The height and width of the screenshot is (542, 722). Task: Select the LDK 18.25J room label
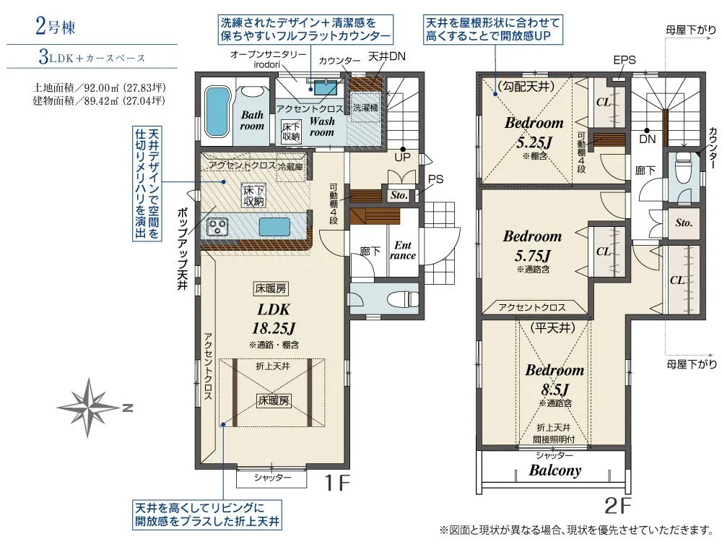click(x=274, y=319)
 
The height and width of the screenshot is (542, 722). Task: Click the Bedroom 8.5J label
click(x=554, y=380)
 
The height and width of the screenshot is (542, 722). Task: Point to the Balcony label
click(x=554, y=470)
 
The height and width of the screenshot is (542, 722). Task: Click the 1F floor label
click(x=337, y=483)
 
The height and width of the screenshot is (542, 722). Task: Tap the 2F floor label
click(x=617, y=506)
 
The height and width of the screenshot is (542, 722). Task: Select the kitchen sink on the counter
click(x=274, y=227)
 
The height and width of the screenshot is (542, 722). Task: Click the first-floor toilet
click(x=402, y=300)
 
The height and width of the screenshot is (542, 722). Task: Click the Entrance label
click(x=402, y=250)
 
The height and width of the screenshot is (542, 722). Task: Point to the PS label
click(x=435, y=179)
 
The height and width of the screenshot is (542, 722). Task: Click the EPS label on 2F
click(x=625, y=60)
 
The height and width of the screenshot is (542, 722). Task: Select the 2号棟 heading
click(x=56, y=26)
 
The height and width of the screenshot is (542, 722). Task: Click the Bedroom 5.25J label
click(x=534, y=132)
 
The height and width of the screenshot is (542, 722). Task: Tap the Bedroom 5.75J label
click(x=532, y=246)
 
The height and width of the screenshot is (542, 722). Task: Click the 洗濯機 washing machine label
click(x=365, y=108)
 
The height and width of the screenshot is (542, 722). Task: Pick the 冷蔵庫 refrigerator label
click(x=290, y=166)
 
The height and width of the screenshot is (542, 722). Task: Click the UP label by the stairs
click(x=402, y=157)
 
